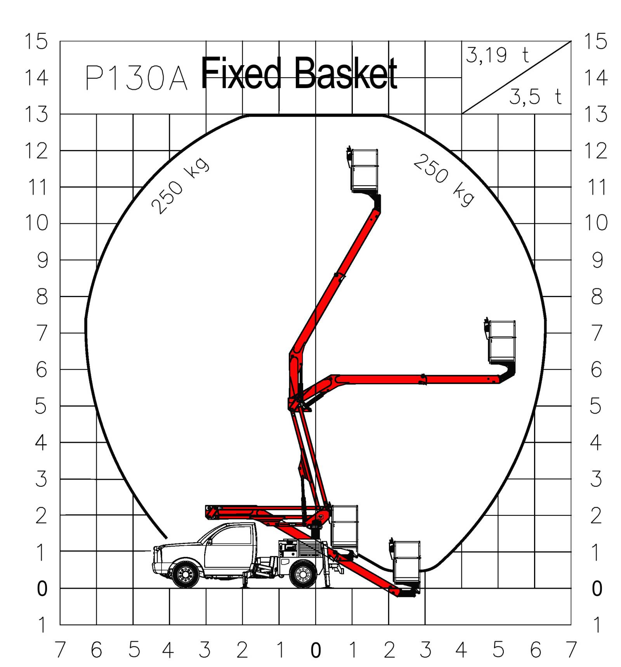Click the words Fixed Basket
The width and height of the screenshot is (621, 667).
(299, 73)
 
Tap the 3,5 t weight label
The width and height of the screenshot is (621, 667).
(535, 97)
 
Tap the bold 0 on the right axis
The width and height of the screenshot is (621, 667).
(597, 589)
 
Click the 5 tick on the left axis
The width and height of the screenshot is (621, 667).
(41, 406)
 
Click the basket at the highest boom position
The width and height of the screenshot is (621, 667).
(364, 170)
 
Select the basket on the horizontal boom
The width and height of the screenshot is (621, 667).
(502, 342)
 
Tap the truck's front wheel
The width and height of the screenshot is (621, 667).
(185, 574)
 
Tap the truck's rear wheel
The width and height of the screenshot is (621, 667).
(303, 574)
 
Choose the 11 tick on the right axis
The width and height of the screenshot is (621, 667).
(597, 187)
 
